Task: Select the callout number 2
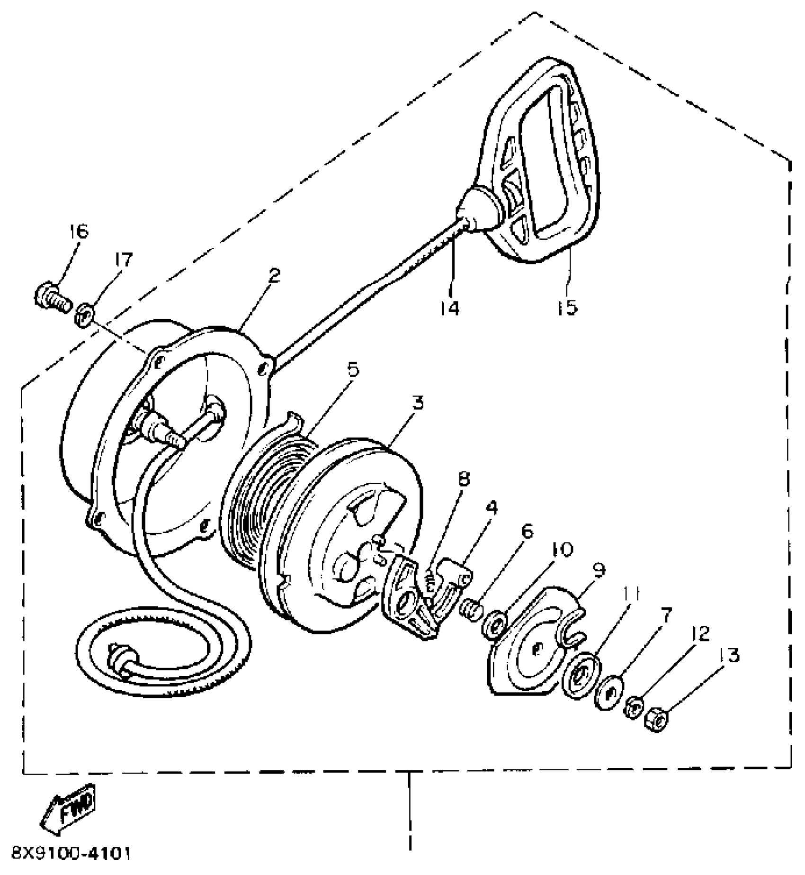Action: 274,276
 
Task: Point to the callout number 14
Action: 448,308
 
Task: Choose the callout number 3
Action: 417,404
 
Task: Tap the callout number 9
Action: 599,570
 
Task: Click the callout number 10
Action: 562,550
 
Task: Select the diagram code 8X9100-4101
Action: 70,854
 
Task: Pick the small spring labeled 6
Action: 472,607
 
